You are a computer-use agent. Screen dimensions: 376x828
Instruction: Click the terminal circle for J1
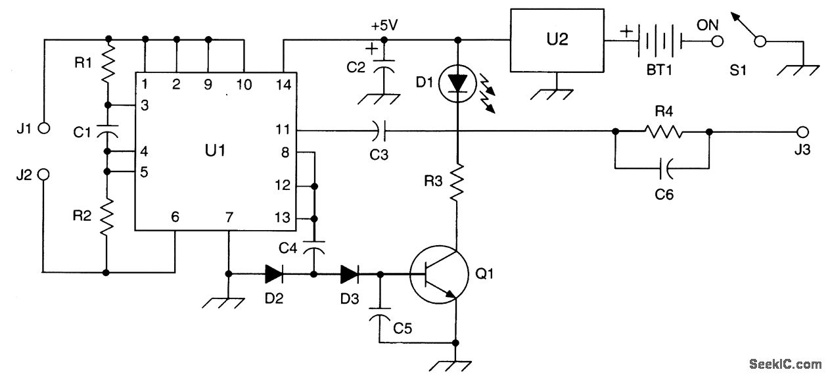[x=43, y=128]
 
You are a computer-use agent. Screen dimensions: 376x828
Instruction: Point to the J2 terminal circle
[x=43, y=175]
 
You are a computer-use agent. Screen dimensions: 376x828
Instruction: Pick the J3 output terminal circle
[x=801, y=131]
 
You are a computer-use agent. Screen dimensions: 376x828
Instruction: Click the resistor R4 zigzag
[x=664, y=131]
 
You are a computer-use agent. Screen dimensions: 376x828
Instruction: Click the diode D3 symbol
[x=349, y=273]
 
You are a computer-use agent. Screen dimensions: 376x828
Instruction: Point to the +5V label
[x=384, y=26]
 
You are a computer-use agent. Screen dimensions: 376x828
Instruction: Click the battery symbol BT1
[x=658, y=43]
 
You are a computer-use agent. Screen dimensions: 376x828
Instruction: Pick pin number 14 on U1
[x=283, y=83]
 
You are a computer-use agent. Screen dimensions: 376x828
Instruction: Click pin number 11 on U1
[x=283, y=131]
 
